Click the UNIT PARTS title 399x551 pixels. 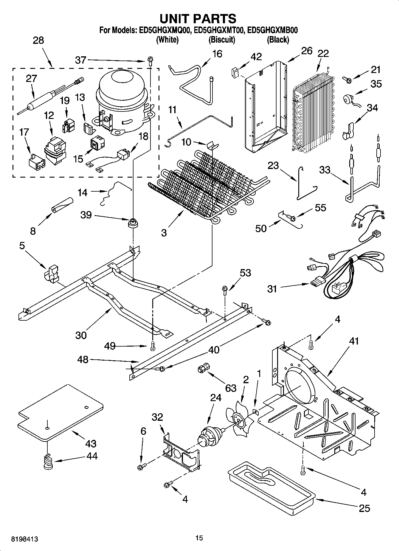198,19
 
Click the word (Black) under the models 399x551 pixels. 278,40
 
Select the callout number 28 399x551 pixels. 38,40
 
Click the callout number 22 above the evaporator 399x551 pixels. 323,53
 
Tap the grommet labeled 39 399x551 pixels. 133,223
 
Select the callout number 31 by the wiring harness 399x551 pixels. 272,289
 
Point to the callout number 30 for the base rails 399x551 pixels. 81,335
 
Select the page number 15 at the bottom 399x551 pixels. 199,538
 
